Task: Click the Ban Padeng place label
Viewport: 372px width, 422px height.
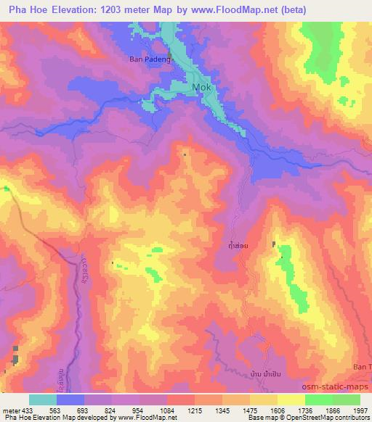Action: [149, 60]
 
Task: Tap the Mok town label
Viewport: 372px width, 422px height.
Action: [202, 88]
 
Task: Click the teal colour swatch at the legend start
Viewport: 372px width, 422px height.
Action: [42, 399]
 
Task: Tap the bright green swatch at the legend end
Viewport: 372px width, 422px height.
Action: [347, 399]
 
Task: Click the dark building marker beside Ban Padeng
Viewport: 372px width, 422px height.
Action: [171, 55]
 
